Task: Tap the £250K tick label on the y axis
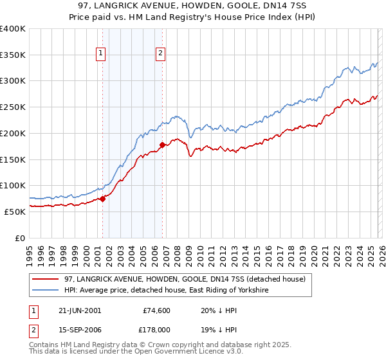coord(13,107)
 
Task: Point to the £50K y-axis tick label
coord(15,212)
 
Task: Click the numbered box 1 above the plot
coord(102,54)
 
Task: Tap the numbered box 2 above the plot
coord(160,54)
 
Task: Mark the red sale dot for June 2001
coord(102,199)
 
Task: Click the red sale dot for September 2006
coord(162,145)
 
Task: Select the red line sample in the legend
coord(46,279)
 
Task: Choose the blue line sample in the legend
coord(46,291)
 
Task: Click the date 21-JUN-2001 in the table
coord(77,310)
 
